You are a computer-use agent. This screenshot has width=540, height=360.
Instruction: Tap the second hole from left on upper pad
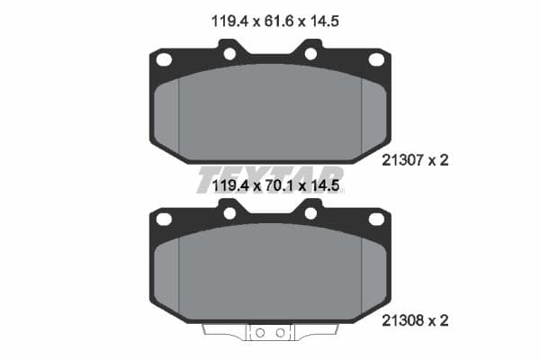coord(229,54)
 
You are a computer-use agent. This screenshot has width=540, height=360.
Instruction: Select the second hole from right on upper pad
coord(310,54)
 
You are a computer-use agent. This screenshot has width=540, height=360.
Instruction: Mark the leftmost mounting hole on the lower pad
coord(164,219)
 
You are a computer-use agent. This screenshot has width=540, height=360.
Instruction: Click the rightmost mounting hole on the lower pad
coord(376,219)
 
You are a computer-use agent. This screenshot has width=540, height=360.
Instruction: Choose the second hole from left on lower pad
coord(229,213)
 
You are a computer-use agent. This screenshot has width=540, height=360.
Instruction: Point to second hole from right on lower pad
coord(310,213)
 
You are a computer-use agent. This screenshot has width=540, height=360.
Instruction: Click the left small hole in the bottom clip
coord(260,332)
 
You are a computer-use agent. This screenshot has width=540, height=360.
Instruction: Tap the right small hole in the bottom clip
coord(280,332)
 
